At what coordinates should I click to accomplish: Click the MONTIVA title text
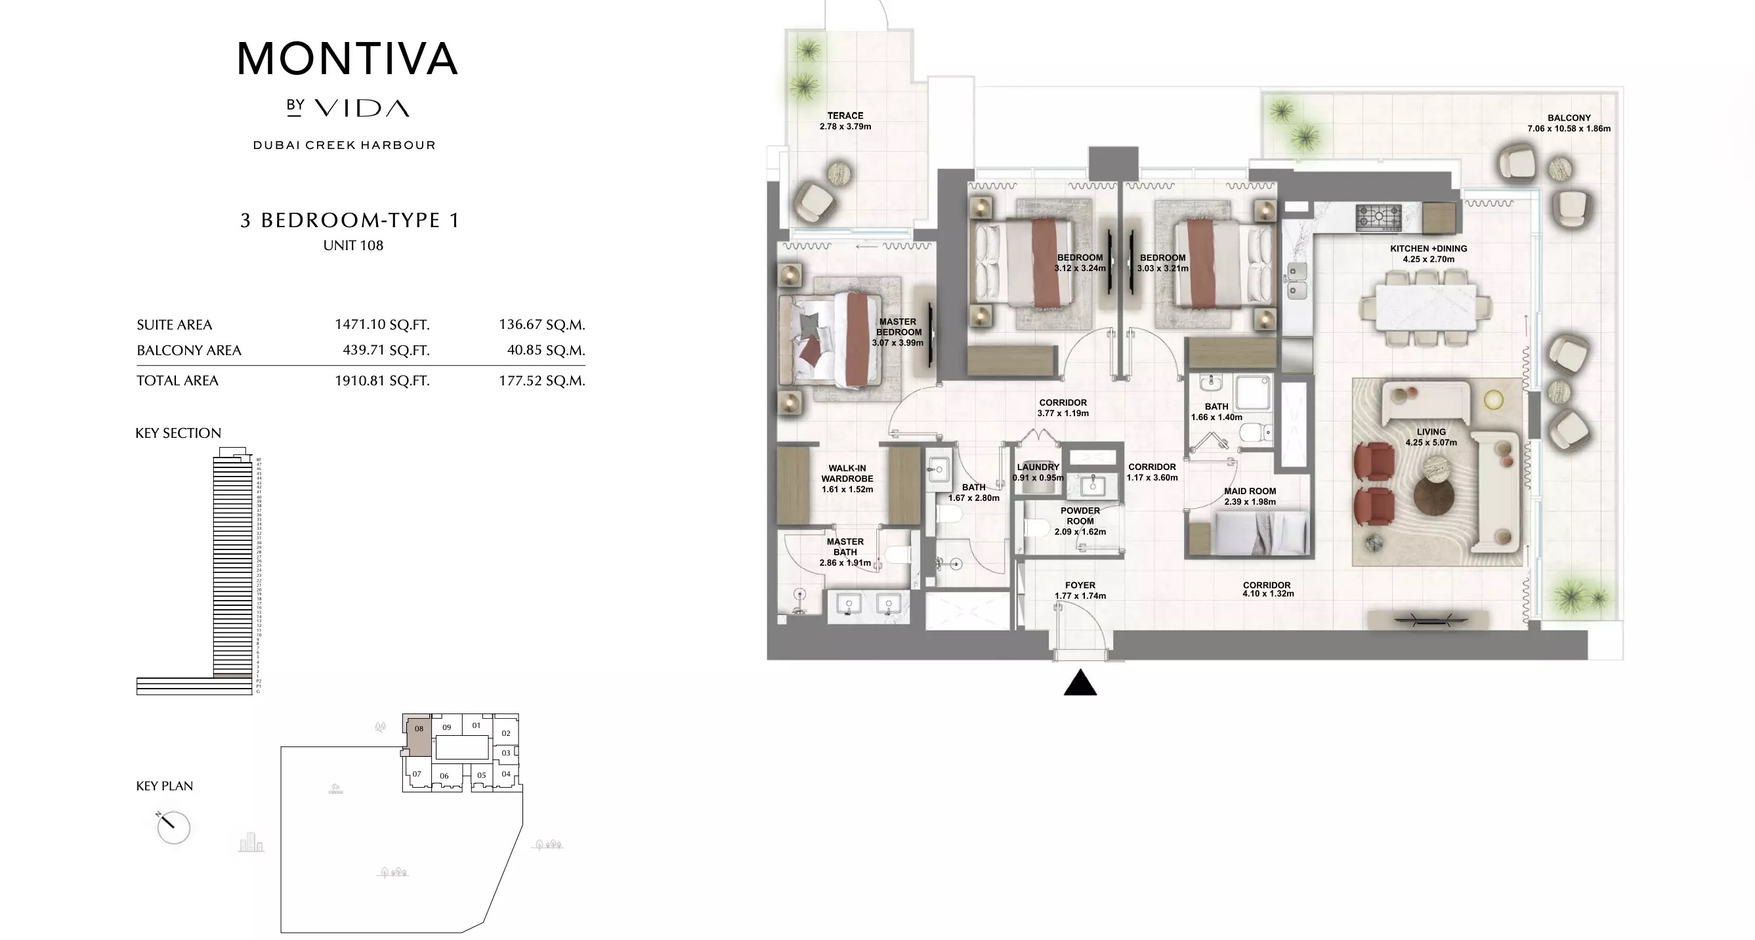pos(347,58)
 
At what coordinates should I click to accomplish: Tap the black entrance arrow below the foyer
pos(1080,683)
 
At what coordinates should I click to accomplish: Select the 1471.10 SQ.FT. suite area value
pos(381,324)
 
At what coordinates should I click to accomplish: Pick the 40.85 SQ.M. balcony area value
pos(545,350)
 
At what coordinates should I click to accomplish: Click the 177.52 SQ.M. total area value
pos(541,381)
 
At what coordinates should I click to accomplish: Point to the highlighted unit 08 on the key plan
pos(418,735)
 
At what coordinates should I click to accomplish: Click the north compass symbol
pos(173,827)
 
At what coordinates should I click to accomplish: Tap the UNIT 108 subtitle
pos(353,246)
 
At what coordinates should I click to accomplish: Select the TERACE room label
pos(845,116)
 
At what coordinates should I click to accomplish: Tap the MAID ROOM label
pos(1250,491)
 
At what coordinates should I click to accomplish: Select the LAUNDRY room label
pos(1038,467)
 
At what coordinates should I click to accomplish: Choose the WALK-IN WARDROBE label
pos(847,473)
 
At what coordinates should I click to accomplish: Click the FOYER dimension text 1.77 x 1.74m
pos(1080,596)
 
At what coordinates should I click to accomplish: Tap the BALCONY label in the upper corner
pos(1569,118)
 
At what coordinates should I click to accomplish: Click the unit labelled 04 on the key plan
pos(505,774)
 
